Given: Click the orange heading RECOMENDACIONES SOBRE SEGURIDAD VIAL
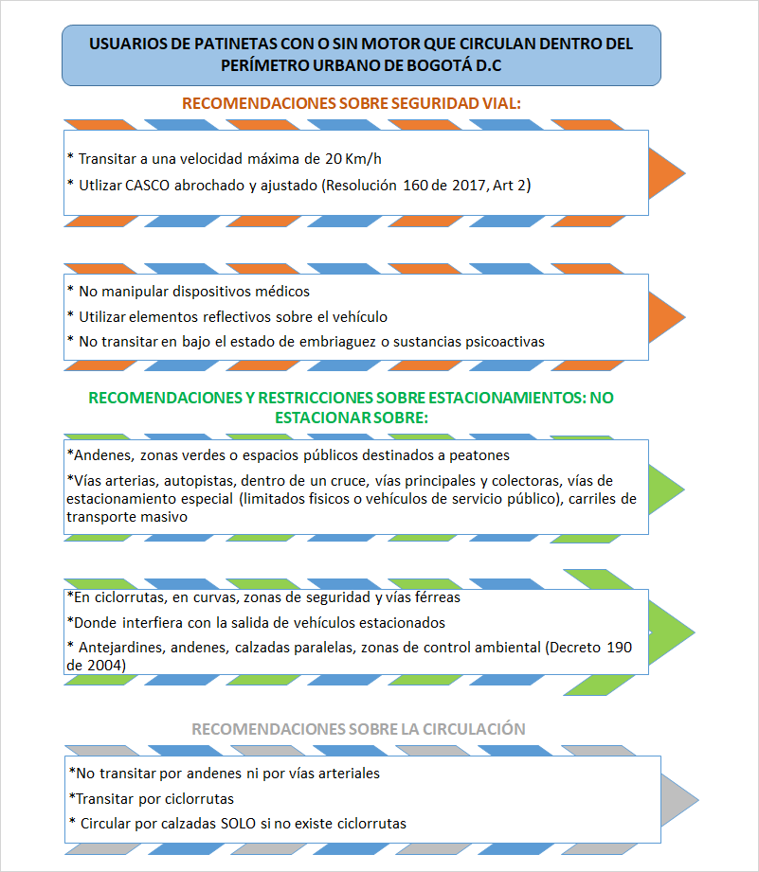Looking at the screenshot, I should [352, 103].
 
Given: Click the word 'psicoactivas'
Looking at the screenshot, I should [500, 341].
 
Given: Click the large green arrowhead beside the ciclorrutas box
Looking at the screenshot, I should [672, 630].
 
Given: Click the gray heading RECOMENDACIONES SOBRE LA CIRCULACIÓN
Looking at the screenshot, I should [358, 729].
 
